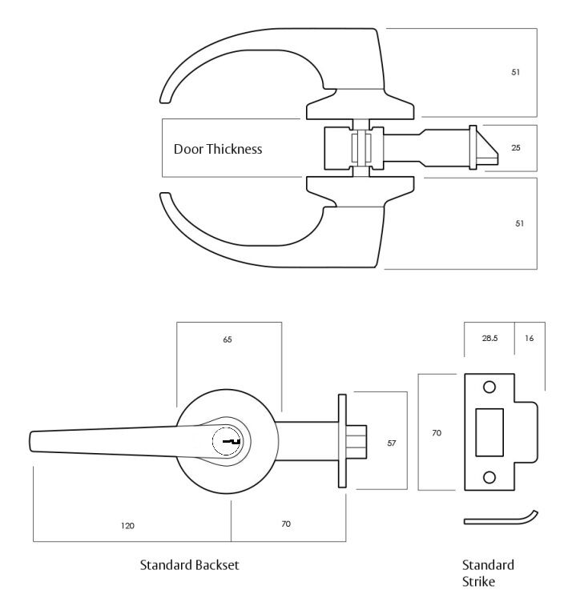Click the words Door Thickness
click(218, 149)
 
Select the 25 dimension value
click(516, 148)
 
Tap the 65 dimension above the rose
click(228, 340)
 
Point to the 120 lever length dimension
click(128, 526)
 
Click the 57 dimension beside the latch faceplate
click(392, 442)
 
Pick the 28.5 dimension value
click(489, 339)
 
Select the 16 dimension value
click(530, 339)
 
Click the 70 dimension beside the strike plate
click(437, 433)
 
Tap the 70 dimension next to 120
click(287, 524)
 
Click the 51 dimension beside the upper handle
click(516, 73)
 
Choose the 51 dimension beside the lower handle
click(519, 223)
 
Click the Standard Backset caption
click(189, 565)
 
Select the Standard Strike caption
click(488, 573)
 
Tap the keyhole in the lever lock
click(229, 441)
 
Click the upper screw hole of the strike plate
click(489, 388)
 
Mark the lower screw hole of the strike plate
click(489, 478)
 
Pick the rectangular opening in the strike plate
click(489, 432)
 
